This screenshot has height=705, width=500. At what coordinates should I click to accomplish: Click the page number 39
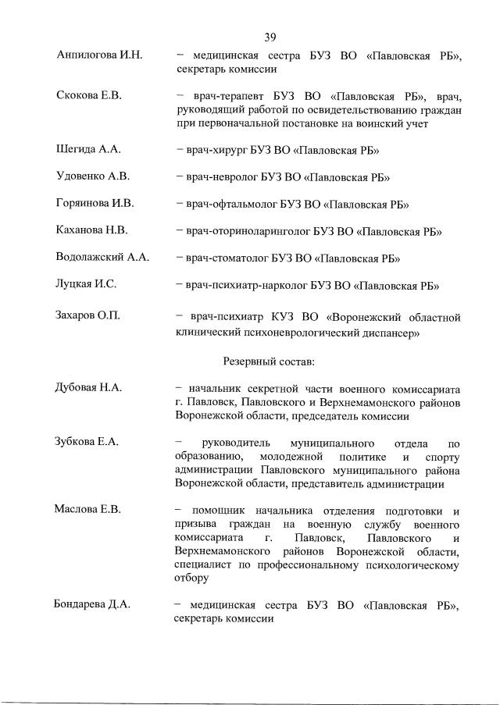pos(270,37)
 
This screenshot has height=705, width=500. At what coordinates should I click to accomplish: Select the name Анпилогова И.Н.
pos(99,55)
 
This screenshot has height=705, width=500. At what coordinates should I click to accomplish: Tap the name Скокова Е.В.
pos(88,96)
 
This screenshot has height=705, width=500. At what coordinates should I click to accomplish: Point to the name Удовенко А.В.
pos(92,176)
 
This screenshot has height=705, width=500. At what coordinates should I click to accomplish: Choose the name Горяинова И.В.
pos(95,204)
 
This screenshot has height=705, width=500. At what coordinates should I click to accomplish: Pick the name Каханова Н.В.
pos(92,231)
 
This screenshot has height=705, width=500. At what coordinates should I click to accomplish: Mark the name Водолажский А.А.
pos(102,258)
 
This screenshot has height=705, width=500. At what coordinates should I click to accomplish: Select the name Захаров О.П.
pos(88,317)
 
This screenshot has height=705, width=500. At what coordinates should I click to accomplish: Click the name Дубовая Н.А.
pos(89,388)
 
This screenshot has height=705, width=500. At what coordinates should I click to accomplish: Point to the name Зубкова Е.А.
pos(87,443)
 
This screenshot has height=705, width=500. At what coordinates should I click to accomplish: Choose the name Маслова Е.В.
pos(87,511)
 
